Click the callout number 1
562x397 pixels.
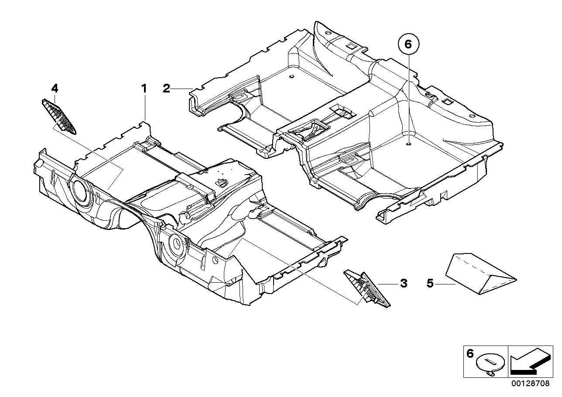[144, 89]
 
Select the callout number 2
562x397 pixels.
[166, 89]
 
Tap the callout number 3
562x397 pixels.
[403, 284]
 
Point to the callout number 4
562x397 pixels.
[54, 88]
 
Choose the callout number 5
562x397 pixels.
[430, 284]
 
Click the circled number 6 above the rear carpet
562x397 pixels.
[408, 44]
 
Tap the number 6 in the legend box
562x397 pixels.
[470, 354]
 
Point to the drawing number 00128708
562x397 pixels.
[531, 383]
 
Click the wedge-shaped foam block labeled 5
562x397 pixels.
[480, 273]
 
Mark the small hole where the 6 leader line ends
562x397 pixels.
[408, 144]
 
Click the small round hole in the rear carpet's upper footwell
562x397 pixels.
[291, 78]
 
